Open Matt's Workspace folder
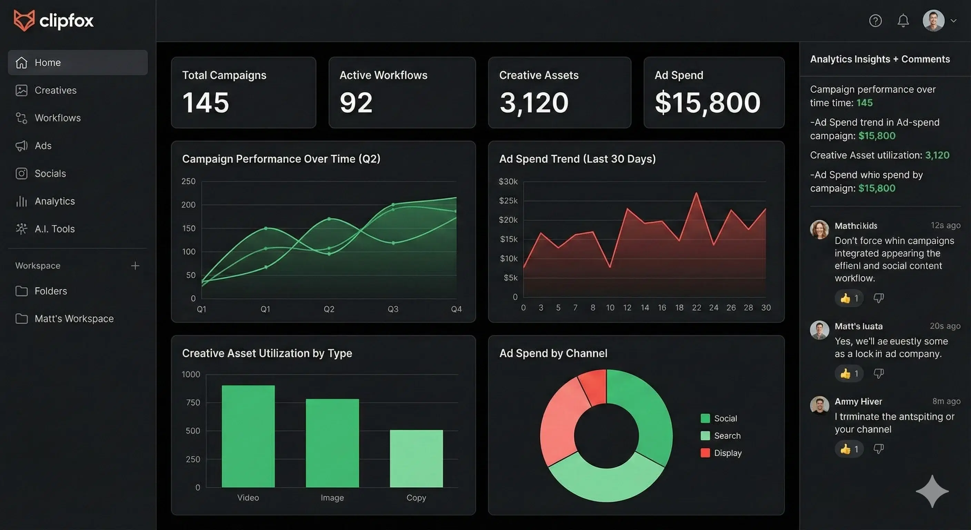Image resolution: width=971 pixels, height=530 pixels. (73, 319)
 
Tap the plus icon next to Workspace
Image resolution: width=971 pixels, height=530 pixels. (135, 266)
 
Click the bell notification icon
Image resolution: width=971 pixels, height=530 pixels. (903, 20)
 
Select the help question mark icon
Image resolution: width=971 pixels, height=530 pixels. (875, 20)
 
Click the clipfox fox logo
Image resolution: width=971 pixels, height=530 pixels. (24, 20)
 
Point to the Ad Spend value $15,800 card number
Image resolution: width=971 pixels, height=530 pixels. (708, 102)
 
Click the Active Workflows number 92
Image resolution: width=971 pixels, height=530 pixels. (356, 102)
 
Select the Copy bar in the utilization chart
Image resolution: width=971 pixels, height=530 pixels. (416, 458)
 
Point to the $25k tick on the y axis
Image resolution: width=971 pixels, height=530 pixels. (508, 201)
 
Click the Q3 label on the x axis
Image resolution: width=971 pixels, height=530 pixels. (393, 309)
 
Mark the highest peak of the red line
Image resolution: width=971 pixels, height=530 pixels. (696, 193)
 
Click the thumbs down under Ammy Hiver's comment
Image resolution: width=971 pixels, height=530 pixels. (879, 449)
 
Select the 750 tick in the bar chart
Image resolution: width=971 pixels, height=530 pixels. (193, 402)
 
